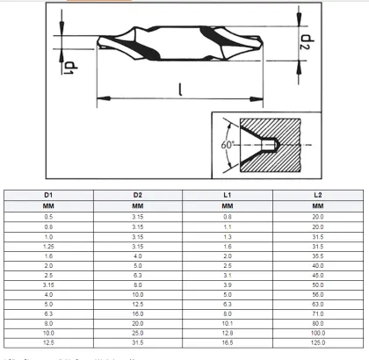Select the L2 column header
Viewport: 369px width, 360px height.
317,193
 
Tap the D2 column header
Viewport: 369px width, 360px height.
139,193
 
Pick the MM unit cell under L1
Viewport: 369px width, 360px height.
228,205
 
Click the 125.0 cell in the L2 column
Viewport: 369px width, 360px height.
317,342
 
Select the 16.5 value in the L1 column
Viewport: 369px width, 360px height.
228,342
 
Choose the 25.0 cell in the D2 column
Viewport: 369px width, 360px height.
139,333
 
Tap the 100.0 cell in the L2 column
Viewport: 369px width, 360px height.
317,333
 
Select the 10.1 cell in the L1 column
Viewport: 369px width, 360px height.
228,322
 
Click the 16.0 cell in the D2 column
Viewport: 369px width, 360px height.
139,313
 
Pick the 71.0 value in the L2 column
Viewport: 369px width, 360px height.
317,313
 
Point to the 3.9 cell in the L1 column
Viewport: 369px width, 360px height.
228,284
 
